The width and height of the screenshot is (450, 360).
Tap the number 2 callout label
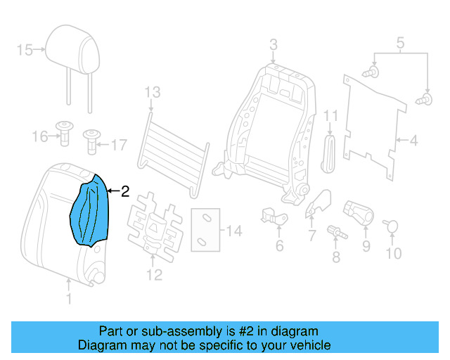click(125, 191)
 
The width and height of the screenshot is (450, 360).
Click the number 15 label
click(25, 50)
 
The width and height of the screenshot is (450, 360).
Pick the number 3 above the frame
click(274, 45)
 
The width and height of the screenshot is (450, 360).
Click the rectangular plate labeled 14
click(205, 230)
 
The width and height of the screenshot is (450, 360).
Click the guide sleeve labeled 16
click(65, 134)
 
